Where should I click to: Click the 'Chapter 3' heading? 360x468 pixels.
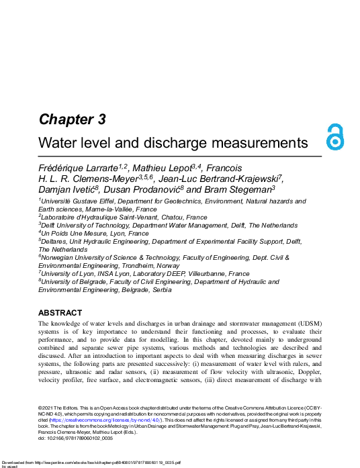[x=72, y=120]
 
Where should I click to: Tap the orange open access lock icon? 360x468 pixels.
[x=334, y=137]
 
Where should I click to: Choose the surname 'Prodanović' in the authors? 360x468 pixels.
[x=149, y=190]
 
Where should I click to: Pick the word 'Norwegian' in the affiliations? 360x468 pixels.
[x=60, y=258]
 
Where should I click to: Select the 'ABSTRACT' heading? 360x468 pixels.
[x=60, y=313]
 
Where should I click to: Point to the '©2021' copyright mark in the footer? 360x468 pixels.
[x=46, y=408]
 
